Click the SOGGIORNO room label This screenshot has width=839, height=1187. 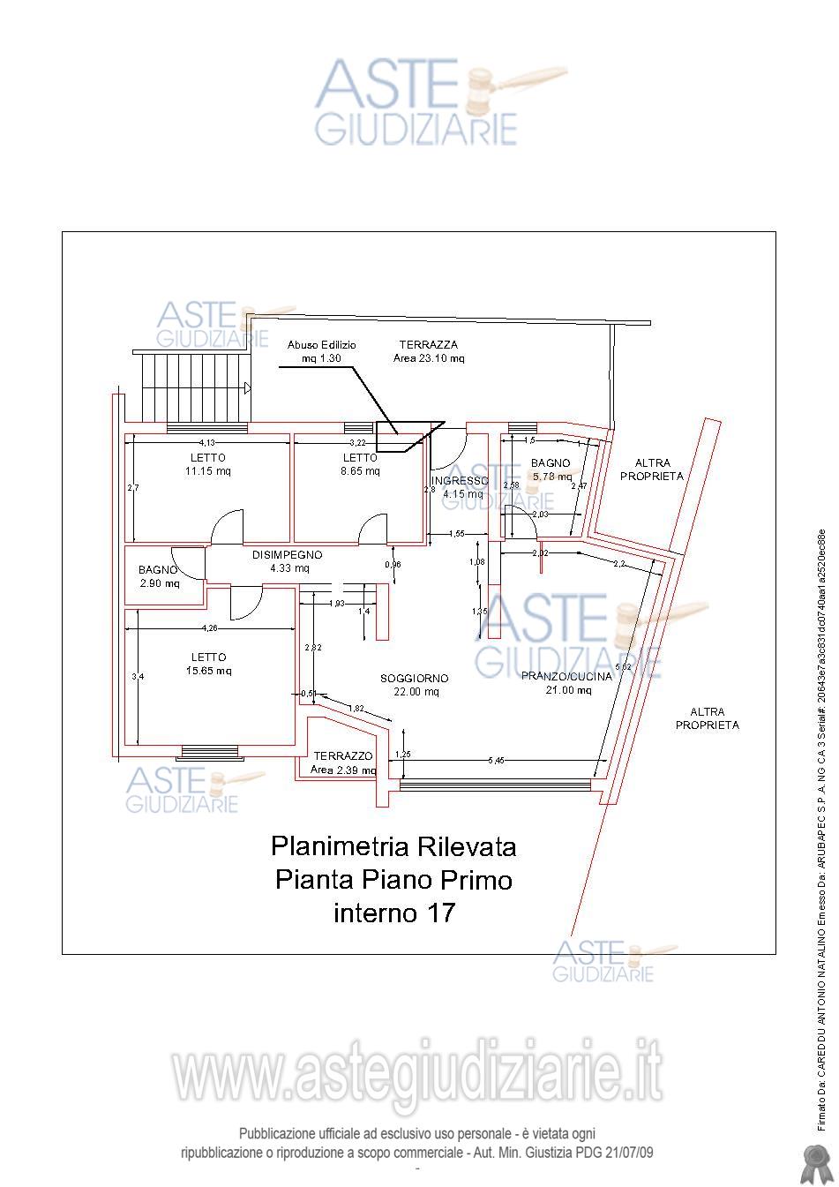[415, 678]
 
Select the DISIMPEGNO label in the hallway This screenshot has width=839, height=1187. [287, 555]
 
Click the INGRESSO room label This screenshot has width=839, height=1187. [460, 480]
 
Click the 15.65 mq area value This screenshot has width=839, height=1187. [208, 671]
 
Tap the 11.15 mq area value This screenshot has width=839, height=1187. [207, 471]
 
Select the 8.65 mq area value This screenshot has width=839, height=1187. [361, 471]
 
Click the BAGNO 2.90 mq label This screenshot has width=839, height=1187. [159, 577]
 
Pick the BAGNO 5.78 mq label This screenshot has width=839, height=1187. [551, 470]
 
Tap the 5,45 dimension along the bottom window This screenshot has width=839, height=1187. [498, 760]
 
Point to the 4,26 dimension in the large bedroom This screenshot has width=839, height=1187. [209, 628]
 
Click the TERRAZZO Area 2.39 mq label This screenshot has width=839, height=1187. [344, 763]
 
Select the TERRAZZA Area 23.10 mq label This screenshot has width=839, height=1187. [428, 351]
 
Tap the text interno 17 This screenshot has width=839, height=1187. [393, 913]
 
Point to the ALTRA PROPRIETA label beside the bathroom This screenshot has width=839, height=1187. [651, 470]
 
